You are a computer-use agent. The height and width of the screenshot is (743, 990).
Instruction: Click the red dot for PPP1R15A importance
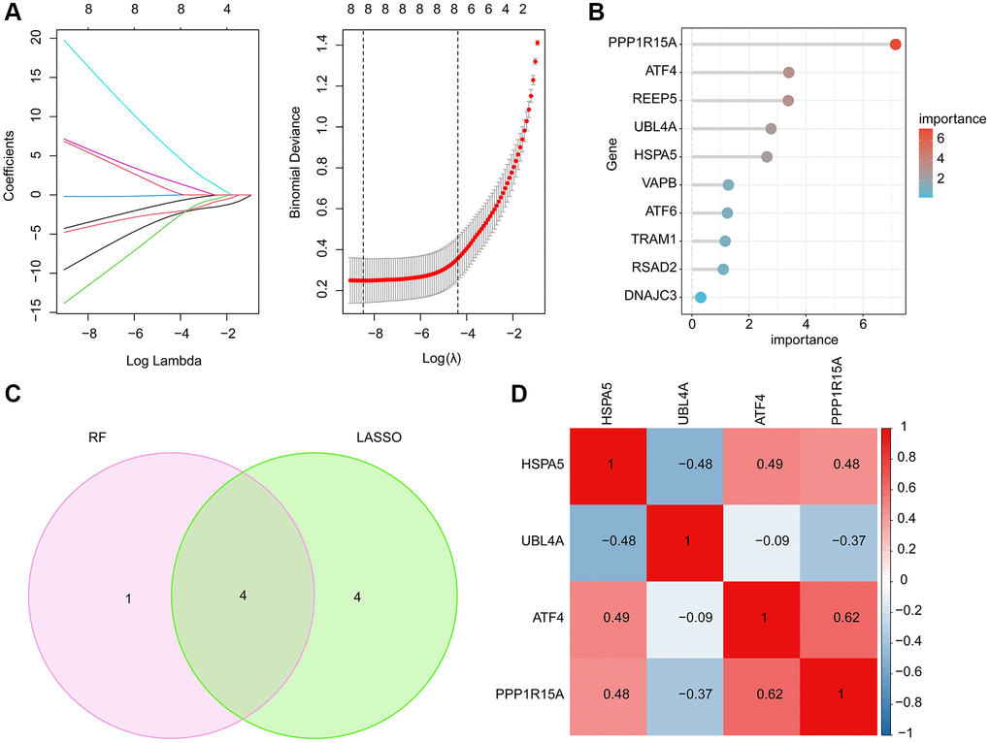point(895,45)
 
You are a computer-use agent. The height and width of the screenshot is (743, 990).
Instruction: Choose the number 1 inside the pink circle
point(128,598)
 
